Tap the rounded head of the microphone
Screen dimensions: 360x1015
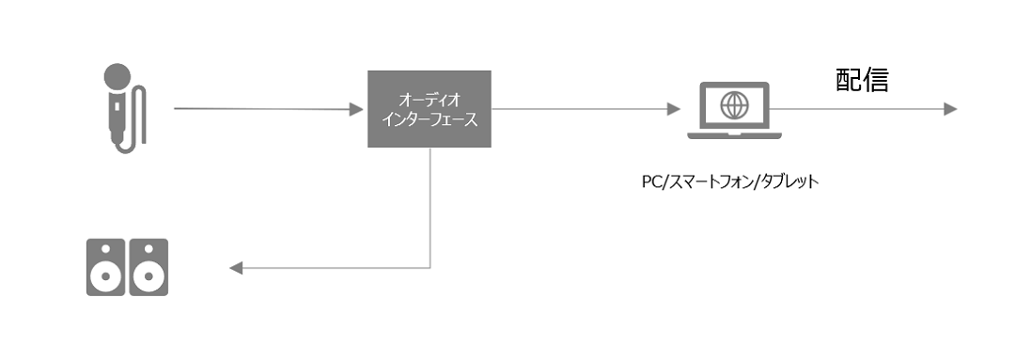pyautogui.click(x=117, y=76)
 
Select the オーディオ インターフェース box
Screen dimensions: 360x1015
pyautogui.click(x=429, y=109)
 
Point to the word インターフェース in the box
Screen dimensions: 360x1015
pyautogui.click(x=429, y=119)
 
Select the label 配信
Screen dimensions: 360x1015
pyautogui.click(x=862, y=81)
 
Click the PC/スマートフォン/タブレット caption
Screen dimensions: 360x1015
pyautogui.click(x=724, y=181)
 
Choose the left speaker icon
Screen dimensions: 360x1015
pyautogui.click(x=106, y=268)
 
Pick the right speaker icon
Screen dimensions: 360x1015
pyautogui.click(x=148, y=268)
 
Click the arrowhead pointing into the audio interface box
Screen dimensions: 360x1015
pyautogui.click(x=357, y=110)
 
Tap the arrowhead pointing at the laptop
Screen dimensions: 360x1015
pyautogui.click(x=673, y=110)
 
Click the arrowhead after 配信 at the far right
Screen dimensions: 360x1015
pyautogui.click(x=949, y=110)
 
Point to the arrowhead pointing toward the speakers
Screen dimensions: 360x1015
pyautogui.click(x=237, y=269)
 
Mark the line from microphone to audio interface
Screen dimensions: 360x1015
pyautogui.click(x=263, y=109)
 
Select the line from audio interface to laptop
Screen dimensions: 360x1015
pyautogui.click(x=583, y=110)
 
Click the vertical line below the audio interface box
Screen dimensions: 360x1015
pyautogui.click(x=430, y=207)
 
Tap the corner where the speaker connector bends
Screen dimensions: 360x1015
pyautogui.click(x=430, y=269)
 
